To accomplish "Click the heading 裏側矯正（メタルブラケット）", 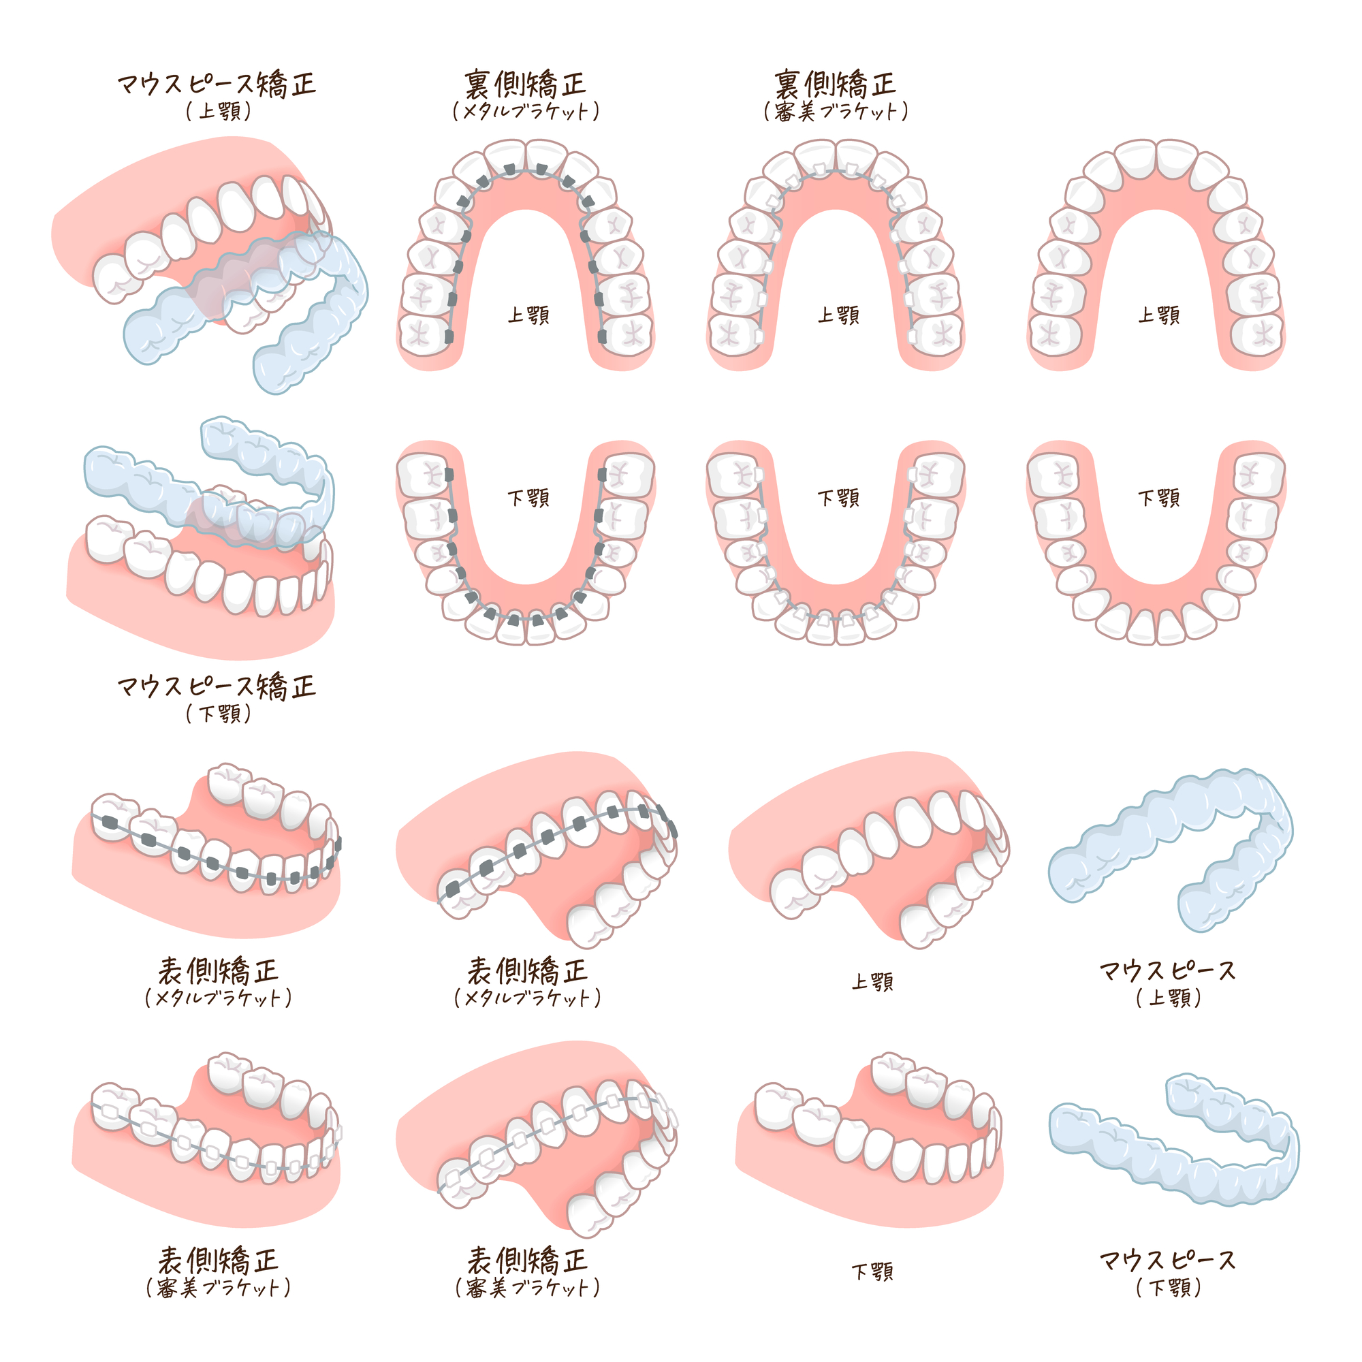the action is tap(526, 95).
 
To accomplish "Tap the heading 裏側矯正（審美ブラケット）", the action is tap(836, 95).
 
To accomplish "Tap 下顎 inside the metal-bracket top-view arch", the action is tap(528, 498).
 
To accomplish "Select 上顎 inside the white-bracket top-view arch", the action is tap(839, 315).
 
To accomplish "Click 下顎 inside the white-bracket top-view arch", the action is tap(839, 498).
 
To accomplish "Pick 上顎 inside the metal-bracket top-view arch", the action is tap(528, 315).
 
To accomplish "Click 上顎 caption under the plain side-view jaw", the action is tap(873, 982).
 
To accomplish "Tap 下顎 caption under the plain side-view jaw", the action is tap(873, 1273).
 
